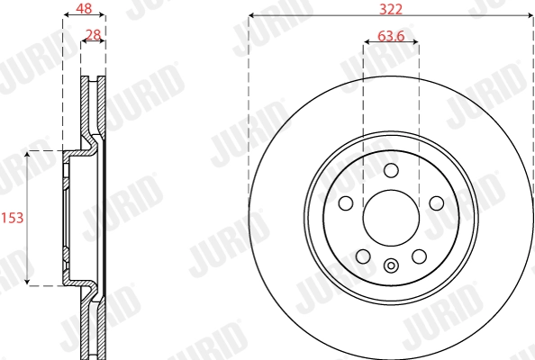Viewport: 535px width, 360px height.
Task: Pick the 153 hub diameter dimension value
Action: point(11,218)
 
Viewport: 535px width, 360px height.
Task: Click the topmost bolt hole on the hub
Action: point(391,171)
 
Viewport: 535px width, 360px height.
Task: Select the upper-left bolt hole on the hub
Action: point(345,203)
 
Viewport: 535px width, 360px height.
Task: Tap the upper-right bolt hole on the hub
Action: point(437,203)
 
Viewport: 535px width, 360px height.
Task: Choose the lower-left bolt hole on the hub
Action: point(362,257)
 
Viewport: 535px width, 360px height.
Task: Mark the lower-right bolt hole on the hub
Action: point(419,257)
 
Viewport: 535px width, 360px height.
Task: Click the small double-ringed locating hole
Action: point(391,265)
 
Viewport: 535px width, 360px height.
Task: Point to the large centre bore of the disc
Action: point(391,219)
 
